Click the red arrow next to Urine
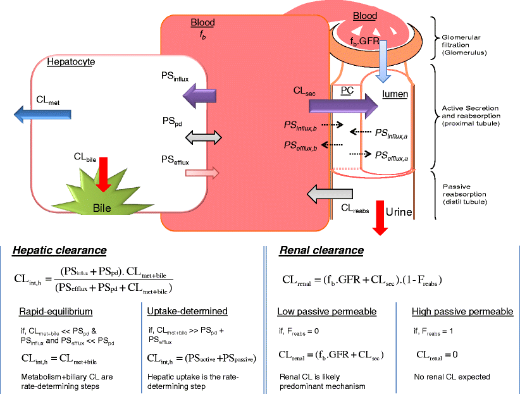tap(380, 216)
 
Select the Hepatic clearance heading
tap(59, 250)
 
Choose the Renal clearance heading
tap(321, 250)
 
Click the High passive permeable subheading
tap(462, 311)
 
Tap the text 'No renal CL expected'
tap(450, 377)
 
